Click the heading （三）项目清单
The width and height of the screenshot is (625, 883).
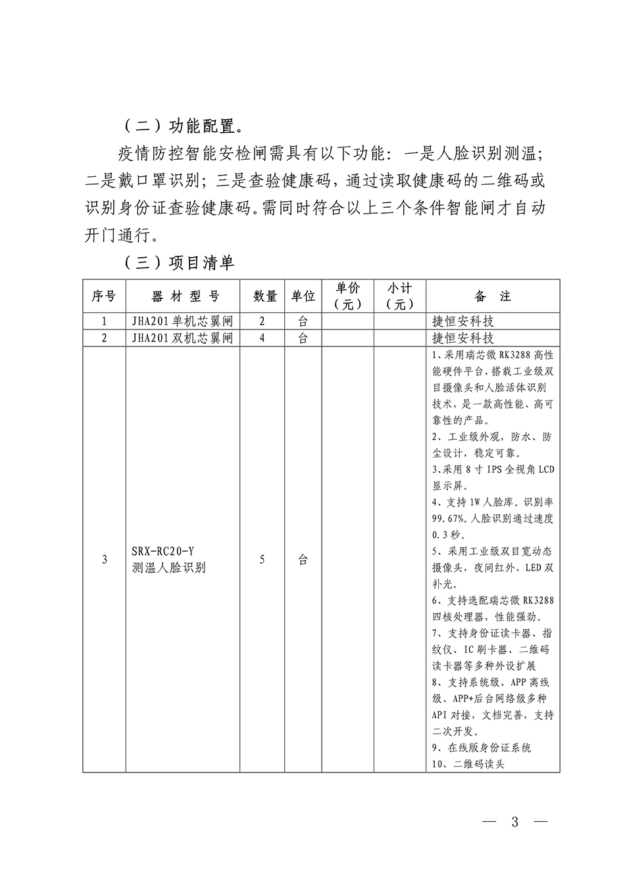[x=179, y=263]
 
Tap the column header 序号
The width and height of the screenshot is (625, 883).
[x=104, y=297]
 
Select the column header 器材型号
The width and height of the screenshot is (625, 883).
[x=183, y=297]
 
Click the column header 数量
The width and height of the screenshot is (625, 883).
[x=265, y=297]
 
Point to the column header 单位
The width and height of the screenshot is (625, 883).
[x=303, y=297]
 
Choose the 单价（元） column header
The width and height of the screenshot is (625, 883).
[x=348, y=296]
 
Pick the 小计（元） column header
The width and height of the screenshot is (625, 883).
[x=400, y=296]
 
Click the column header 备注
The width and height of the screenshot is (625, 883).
[x=493, y=297]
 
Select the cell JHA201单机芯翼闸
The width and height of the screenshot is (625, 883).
[x=183, y=322]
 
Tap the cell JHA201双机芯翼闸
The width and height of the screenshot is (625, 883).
[x=183, y=338]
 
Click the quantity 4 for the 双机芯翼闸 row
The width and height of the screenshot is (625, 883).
[x=262, y=338]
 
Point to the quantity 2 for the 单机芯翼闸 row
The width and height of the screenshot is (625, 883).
[x=262, y=322]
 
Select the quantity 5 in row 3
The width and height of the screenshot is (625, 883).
[x=262, y=560]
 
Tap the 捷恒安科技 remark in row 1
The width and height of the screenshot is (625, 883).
[x=463, y=322]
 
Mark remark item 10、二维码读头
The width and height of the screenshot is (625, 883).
[x=468, y=764]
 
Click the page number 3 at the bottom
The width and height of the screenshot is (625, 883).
[x=515, y=822]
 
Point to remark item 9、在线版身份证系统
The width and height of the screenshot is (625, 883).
[x=482, y=748]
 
